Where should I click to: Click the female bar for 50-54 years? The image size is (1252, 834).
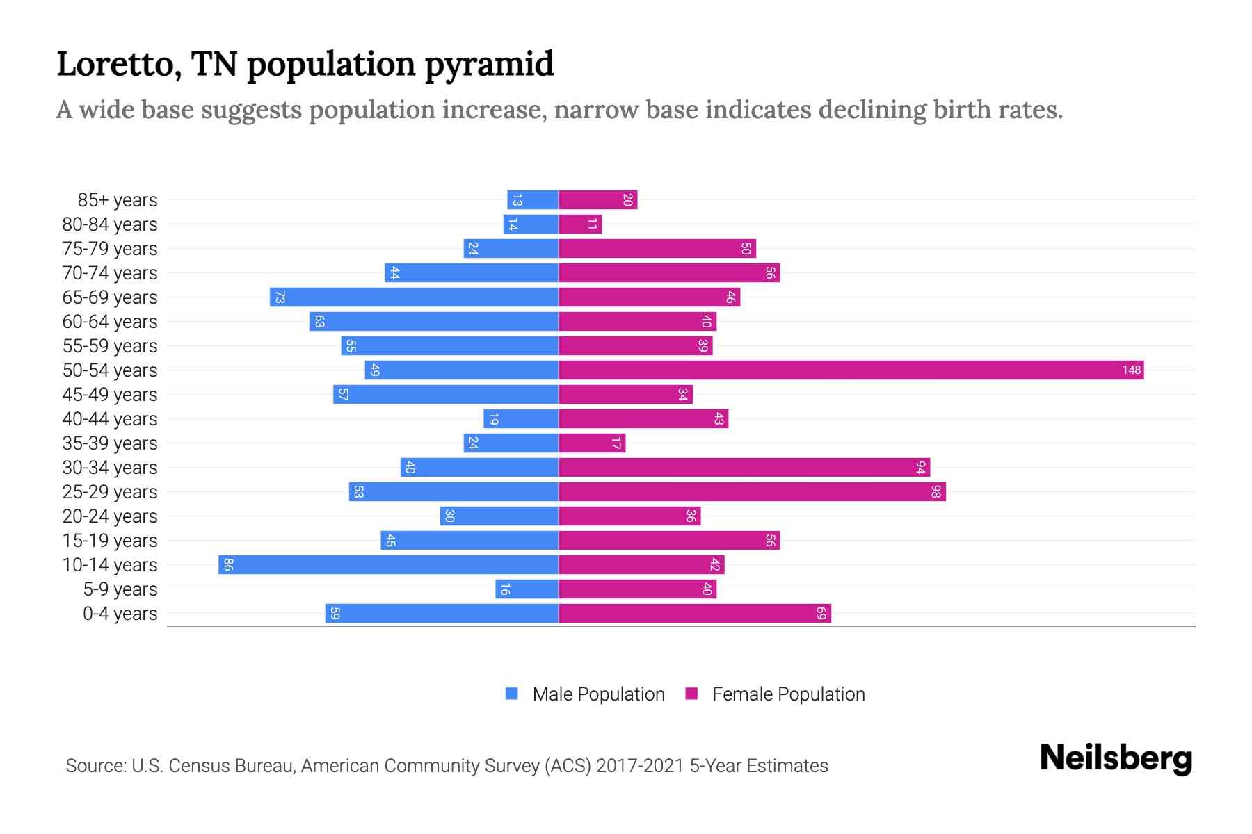pyautogui.click(x=851, y=370)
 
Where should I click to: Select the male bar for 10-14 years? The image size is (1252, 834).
pyautogui.click(x=388, y=564)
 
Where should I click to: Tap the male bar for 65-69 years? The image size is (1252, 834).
pyautogui.click(x=414, y=297)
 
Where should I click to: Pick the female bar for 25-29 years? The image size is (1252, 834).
pyautogui.click(x=752, y=491)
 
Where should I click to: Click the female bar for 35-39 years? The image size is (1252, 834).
pyautogui.click(x=592, y=443)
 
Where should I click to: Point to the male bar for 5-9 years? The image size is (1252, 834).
pyautogui.click(x=527, y=589)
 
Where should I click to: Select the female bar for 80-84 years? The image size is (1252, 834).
pyautogui.click(x=580, y=224)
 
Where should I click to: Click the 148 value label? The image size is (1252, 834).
pyautogui.click(x=1131, y=370)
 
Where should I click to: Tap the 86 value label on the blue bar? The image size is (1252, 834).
pyautogui.click(x=228, y=564)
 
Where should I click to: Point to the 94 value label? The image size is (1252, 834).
pyautogui.click(x=920, y=467)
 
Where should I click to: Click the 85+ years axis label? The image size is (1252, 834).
pyautogui.click(x=118, y=200)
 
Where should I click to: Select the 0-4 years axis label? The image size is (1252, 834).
pyautogui.click(x=120, y=614)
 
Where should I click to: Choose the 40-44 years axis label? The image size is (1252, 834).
pyautogui.click(x=110, y=419)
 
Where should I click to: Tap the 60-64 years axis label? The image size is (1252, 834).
pyautogui.click(x=110, y=322)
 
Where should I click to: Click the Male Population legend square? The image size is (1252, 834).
pyautogui.click(x=512, y=694)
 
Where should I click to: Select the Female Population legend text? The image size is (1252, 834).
pyautogui.click(x=788, y=694)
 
